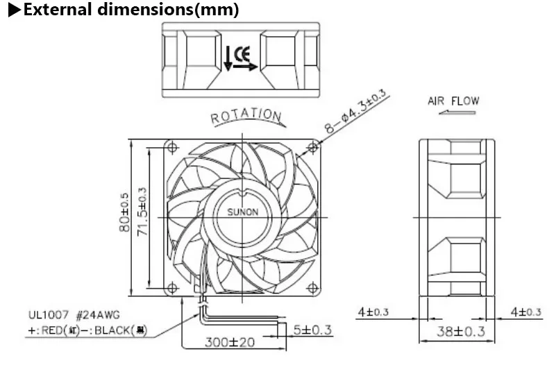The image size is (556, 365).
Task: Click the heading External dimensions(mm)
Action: click(x=125, y=10)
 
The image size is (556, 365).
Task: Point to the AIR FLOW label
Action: click(x=453, y=101)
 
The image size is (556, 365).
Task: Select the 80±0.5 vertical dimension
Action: click(x=125, y=212)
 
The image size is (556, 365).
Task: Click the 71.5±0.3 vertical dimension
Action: click(x=143, y=212)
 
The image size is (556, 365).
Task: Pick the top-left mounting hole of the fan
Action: click(x=170, y=146)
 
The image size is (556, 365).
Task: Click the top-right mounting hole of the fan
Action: click(x=314, y=146)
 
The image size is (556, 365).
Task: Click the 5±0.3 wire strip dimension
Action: click(x=312, y=328)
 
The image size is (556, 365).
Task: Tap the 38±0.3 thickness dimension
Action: click(x=456, y=331)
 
